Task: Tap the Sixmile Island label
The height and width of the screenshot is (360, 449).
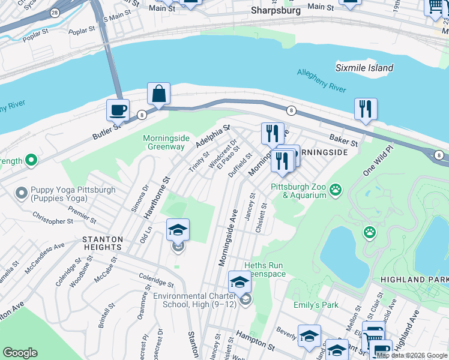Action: tap(364, 68)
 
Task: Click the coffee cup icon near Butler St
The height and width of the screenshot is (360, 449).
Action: tap(118, 110)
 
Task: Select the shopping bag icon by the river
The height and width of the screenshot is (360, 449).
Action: tap(158, 94)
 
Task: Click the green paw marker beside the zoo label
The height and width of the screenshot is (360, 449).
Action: tap(336, 191)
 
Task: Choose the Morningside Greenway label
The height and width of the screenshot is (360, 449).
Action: tap(164, 142)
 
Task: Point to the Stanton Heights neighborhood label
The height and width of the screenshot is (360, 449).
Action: tap(102, 243)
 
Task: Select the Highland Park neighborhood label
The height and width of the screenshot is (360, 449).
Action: tap(414, 280)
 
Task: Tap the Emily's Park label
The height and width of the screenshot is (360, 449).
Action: tap(315, 305)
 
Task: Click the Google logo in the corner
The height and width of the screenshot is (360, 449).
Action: tap(20, 353)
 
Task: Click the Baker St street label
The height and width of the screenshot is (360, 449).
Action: tap(344, 141)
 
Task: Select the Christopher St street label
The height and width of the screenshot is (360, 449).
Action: tap(53, 218)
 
